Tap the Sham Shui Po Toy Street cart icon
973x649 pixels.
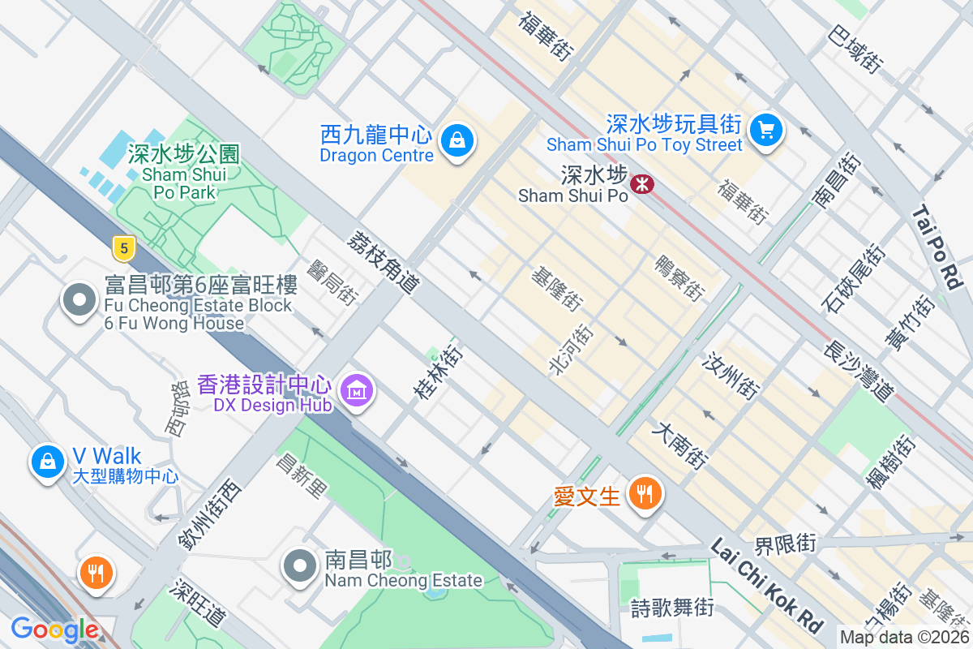tap(765, 130)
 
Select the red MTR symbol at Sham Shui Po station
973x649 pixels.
tap(641, 184)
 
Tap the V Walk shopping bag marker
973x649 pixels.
tap(48, 462)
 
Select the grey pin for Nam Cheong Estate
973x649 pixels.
tap(300, 566)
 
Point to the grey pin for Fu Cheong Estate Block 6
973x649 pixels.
tap(79, 301)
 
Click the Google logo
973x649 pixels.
tap(54, 630)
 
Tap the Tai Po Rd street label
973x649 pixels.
tap(936, 247)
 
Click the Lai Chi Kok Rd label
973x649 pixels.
tap(765, 584)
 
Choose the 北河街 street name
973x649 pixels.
tap(571, 349)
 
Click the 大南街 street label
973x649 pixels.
tap(679, 445)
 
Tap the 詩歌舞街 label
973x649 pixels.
tap(672, 607)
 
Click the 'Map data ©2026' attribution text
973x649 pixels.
tap(904, 638)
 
